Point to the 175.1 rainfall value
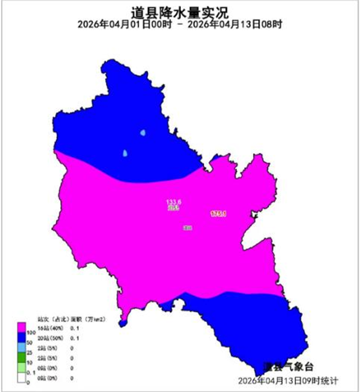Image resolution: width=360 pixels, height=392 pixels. [x=219, y=213]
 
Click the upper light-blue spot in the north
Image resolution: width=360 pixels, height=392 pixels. [x=143, y=133]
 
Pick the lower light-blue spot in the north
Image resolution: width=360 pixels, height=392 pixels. [x=125, y=153]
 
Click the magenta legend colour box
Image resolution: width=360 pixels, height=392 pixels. [x=22, y=327]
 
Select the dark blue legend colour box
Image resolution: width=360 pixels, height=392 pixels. [x=22, y=337]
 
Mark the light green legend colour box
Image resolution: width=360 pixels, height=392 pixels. [x=22, y=367]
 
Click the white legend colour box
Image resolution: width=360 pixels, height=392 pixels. [x=22, y=377]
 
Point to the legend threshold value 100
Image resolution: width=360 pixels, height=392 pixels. [x=31, y=333]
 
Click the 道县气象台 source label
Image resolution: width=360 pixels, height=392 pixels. [x=287, y=366]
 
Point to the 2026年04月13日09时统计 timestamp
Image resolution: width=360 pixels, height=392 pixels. [x=289, y=381]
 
